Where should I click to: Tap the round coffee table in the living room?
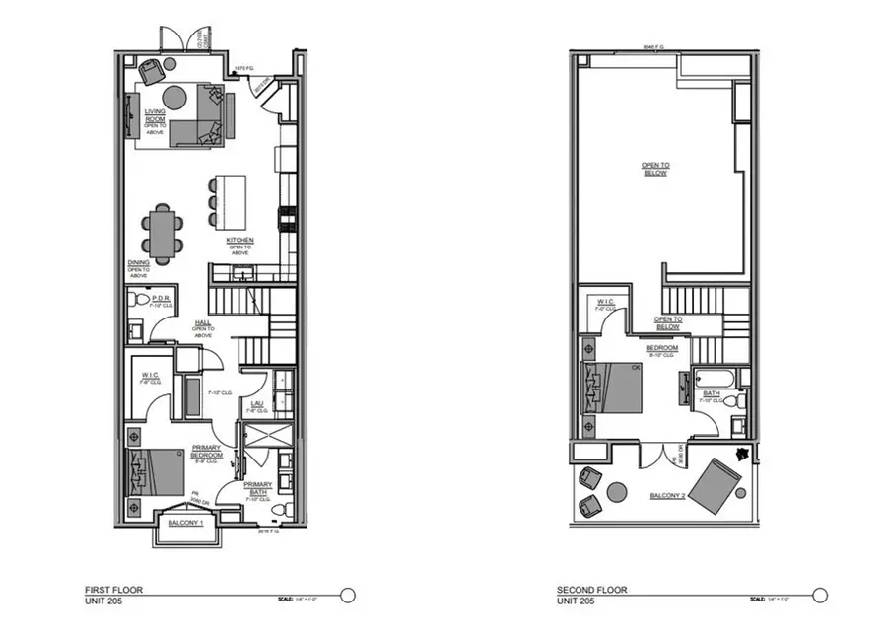pos(174,98)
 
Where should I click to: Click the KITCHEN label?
pos(240,241)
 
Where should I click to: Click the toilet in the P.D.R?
pos(140,299)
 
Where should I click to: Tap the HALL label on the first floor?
pos(202,321)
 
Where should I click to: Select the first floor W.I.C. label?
pos(151,376)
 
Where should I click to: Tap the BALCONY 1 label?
pos(185,522)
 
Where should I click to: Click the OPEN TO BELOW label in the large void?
pos(654,170)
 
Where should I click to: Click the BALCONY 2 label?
pos(668,495)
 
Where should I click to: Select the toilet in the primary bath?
pos(277,507)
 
